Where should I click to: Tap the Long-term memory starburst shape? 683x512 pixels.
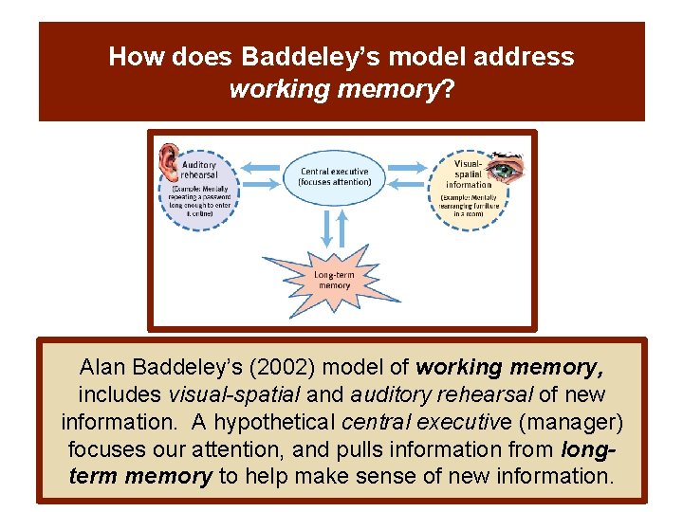333,279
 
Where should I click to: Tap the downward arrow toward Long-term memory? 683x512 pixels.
323,229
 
